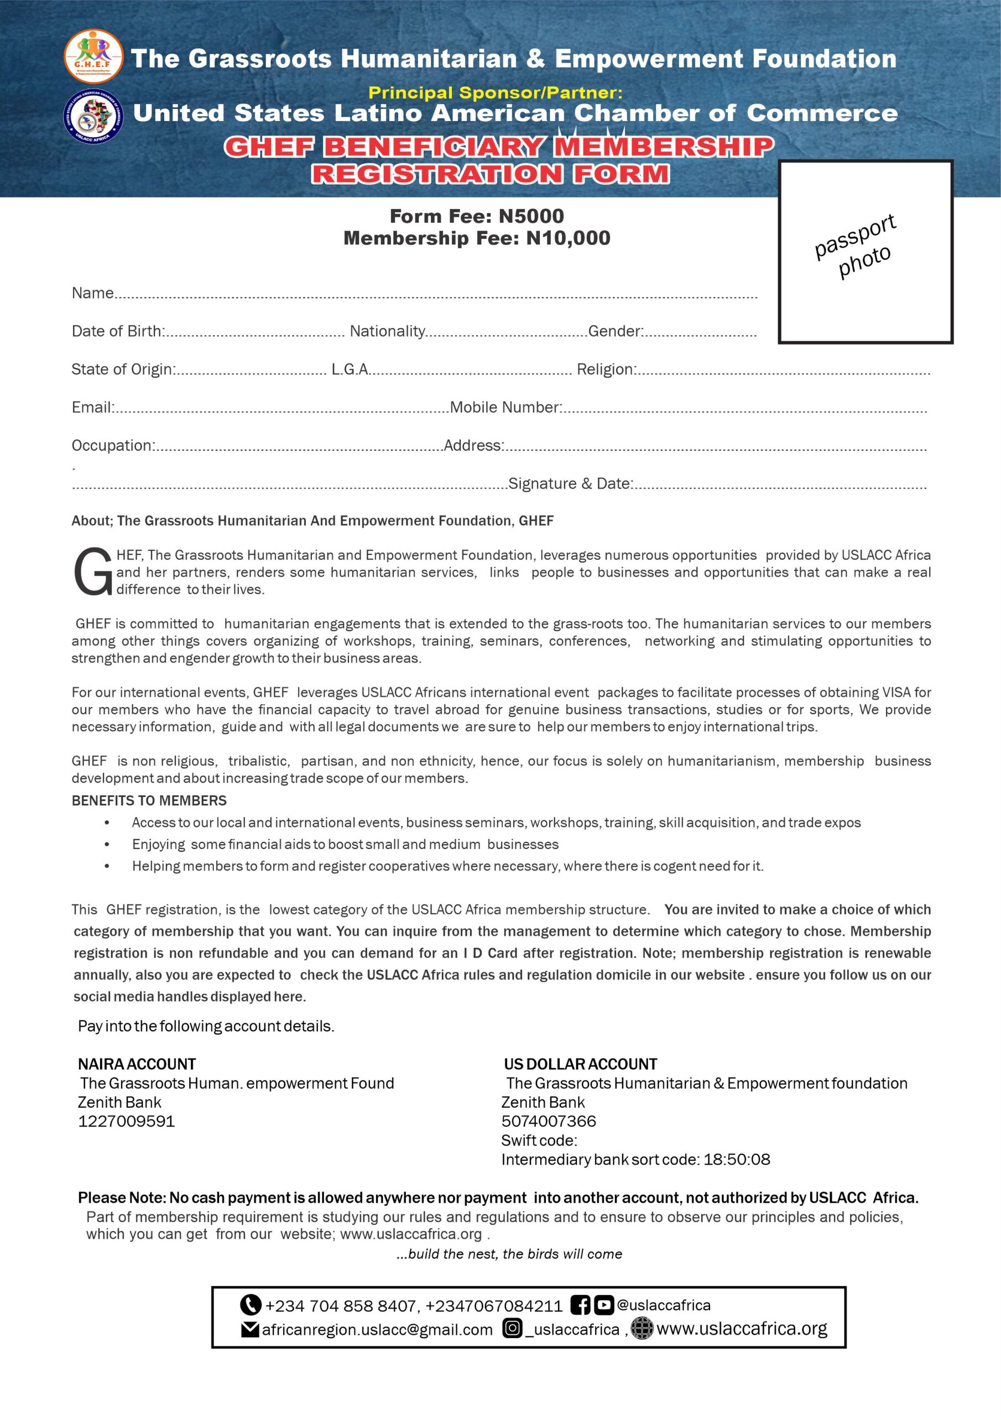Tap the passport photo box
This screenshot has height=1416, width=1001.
pyautogui.click(x=866, y=252)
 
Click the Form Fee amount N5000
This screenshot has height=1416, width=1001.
pyautogui.click(x=531, y=216)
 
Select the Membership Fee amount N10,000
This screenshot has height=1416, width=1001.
pyautogui.click(x=568, y=238)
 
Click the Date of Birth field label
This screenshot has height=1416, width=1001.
pyautogui.click(x=118, y=331)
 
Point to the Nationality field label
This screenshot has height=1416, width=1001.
pyautogui.click(x=387, y=331)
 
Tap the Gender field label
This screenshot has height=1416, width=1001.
pyautogui.click(x=615, y=331)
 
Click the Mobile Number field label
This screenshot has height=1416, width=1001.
pyautogui.click(x=505, y=407)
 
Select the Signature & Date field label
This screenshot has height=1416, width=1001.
pyautogui.click(x=571, y=483)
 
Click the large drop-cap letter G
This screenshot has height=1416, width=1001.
pyautogui.click(x=92, y=572)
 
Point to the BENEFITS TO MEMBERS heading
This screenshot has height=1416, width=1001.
pyautogui.click(x=149, y=800)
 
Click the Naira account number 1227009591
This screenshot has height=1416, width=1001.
pyautogui.click(x=127, y=1121)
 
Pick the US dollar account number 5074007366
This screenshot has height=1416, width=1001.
pyautogui.click(x=548, y=1121)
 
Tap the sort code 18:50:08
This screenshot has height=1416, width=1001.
pyautogui.click(x=737, y=1159)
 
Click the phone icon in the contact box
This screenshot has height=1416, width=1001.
pyautogui.click(x=251, y=1305)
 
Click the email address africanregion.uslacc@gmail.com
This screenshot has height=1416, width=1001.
pyautogui.click(x=377, y=1329)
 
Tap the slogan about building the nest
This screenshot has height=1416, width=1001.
pyautogui.click(x=509, y=1254)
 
